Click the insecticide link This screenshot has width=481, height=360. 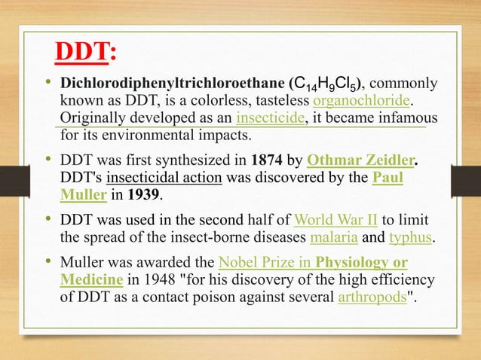click(x=271, y=119)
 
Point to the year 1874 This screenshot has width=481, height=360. click(x=268, y=160)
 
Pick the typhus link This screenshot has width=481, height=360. click(x=412, y=239)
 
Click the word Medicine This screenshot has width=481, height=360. click(x=91, y=280)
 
